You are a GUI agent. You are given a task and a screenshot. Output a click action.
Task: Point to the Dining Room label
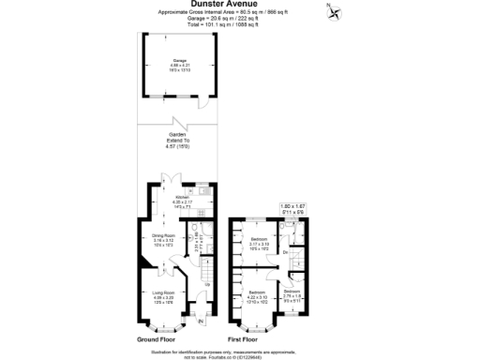coord(164,239)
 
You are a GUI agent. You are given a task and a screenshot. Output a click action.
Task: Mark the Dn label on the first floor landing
coord(285,252)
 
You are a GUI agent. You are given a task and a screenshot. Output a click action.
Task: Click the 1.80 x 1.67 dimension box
coord(293,208)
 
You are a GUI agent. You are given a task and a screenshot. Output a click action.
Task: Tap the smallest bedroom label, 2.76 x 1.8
coord(292,294)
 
